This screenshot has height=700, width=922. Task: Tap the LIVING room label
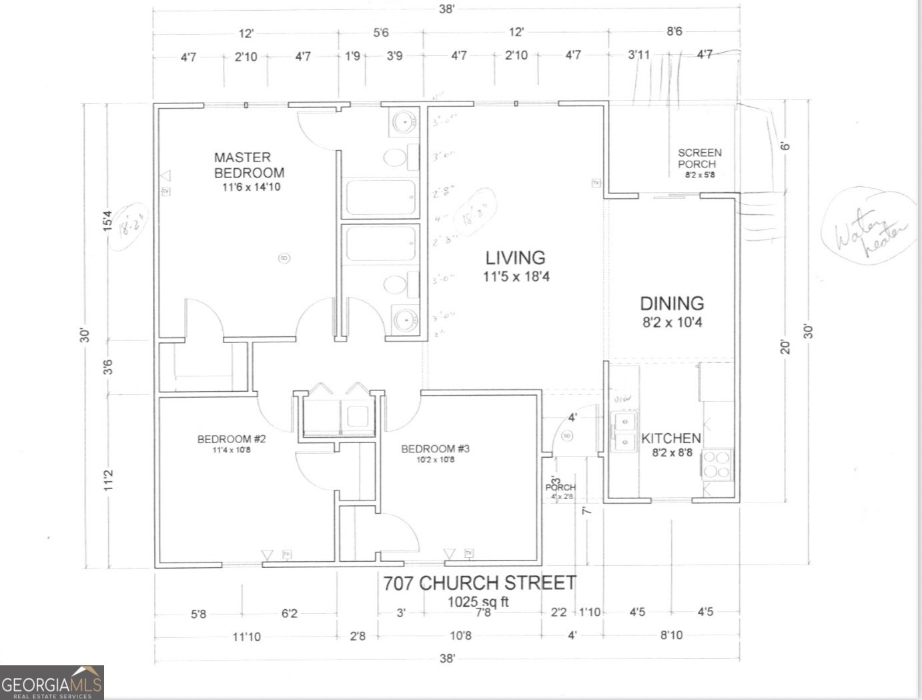coord(515,258)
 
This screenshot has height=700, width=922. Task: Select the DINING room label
coord(672,304)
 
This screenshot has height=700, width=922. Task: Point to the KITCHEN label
coord(670,438)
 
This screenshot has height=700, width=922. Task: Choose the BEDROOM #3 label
coord(435,448)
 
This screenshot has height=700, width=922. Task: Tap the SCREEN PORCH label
coord(699,158)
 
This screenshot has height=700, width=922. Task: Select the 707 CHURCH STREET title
coord(479,583)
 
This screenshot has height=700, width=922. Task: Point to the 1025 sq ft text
coord(478,602)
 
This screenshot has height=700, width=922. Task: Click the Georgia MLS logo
coord(52,683)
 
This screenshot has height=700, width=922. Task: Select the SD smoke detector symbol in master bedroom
coord(284,258)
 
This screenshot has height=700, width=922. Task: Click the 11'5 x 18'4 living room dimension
coord(516,276)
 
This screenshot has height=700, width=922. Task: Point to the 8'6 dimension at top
coord(674,32)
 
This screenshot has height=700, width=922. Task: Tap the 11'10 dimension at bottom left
coord(246,637)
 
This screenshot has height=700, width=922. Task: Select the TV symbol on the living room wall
coord(595,183)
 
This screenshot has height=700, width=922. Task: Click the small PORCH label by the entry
coord(560,488)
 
